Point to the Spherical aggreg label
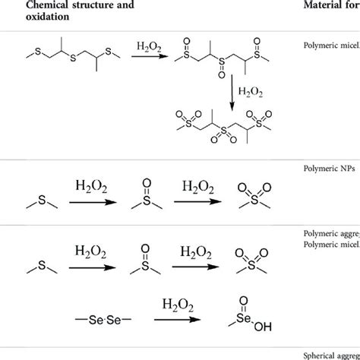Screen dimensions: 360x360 pyautogui.click(x=331, y=355)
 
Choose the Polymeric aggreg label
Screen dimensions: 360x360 pyautogui.click(x=330, y=233)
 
